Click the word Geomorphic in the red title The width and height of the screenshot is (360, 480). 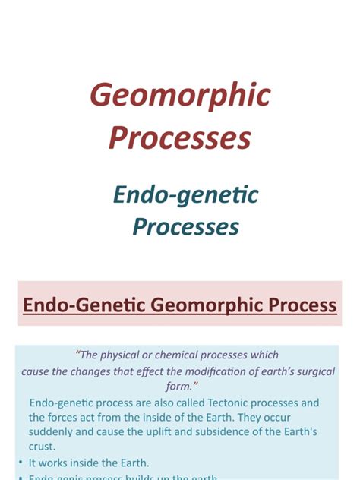(x=180, y=96)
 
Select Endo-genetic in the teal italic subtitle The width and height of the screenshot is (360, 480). (x=186, y=195)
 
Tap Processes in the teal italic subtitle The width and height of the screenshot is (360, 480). (x=186, y=226)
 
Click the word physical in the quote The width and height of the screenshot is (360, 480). (x=122, y=355)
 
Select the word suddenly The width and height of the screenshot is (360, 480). (x=52, y=433)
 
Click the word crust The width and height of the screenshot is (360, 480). (x=43, y=447)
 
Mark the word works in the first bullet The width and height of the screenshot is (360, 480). (x=57, y=463)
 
